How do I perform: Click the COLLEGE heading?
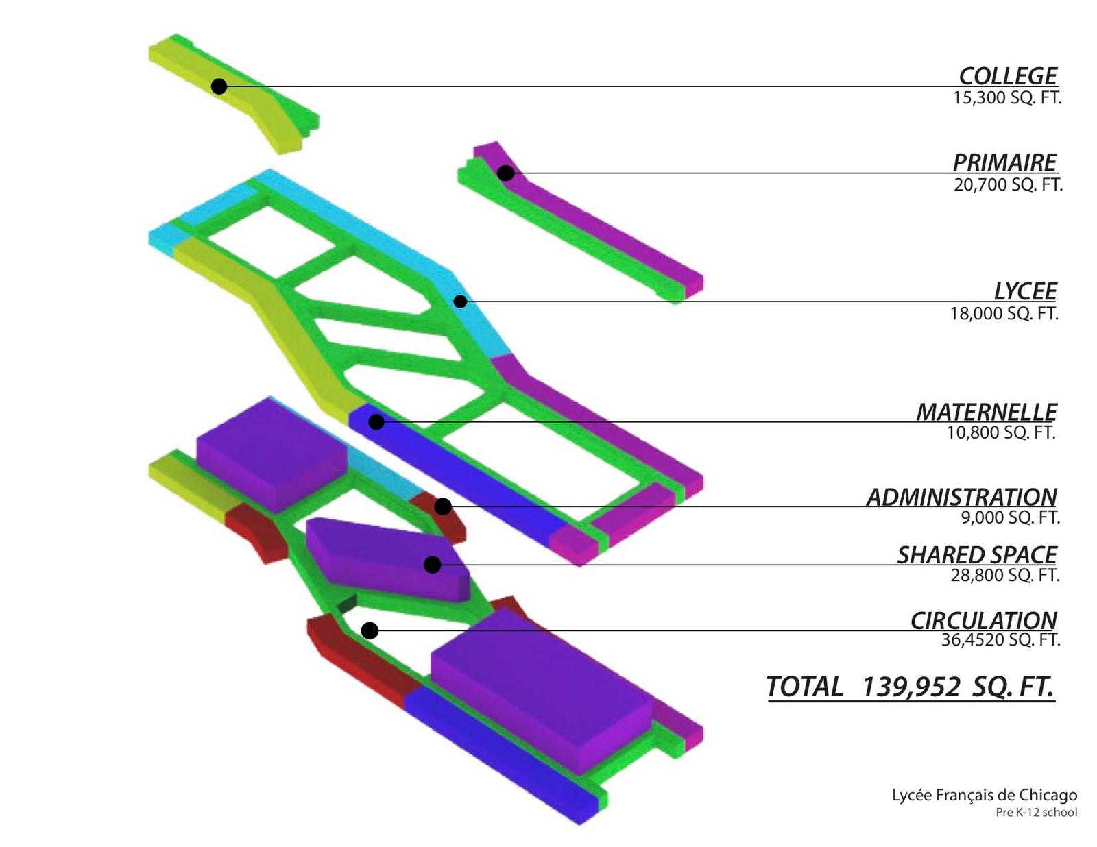pyautogui.click(x=1008, y=76)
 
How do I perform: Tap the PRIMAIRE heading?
pyautogui.click(x=1004, y=162)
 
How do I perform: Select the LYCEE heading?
pyautogui.click(x=1025, y=291)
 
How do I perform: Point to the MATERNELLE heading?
pyautogui.click(x=987, y=412)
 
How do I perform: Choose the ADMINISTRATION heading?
pyautogui.click(x=962, y=497)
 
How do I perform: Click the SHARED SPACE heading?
pyautogui.click(x=977, y=555)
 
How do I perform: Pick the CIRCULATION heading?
pyautogui.click(x=984, y=620)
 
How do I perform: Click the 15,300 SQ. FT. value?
pyautogui.click(x=1007, y=98)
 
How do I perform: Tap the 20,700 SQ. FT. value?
pyautogui.click(x=1008, y=185)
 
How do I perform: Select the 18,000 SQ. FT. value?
pyautogui.click(x=1004, y=314)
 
